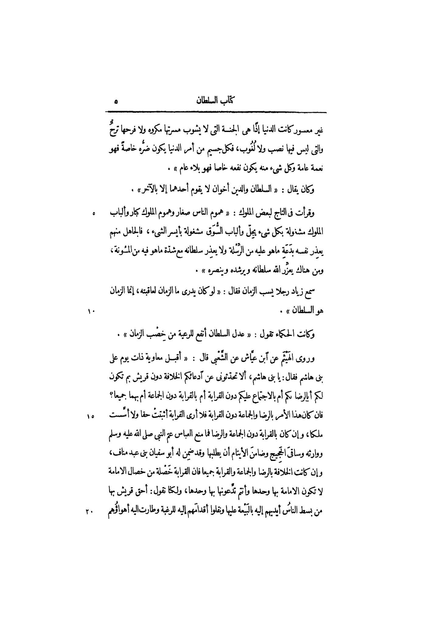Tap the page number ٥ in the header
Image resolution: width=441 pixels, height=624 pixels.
[116, 102]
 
